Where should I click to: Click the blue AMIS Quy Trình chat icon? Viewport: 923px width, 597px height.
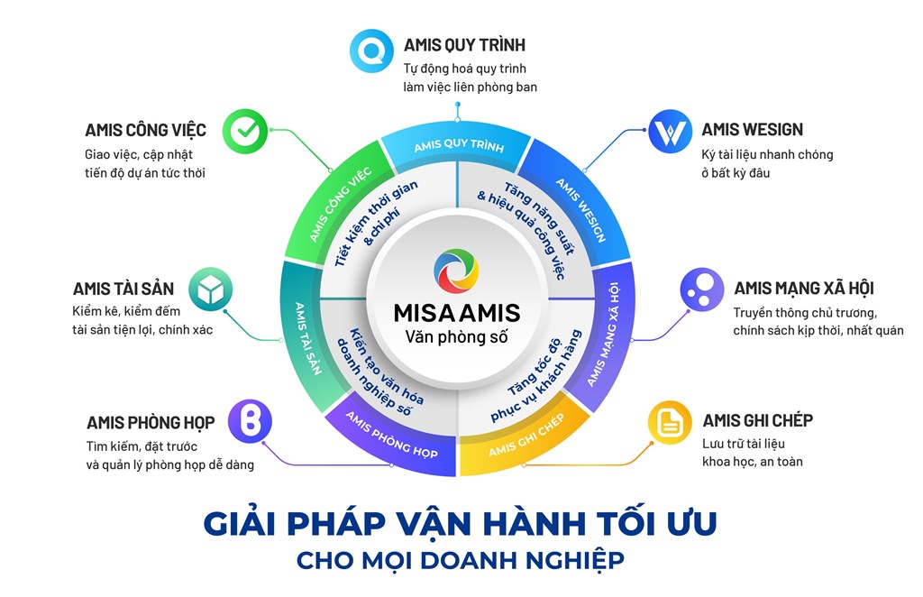click(x=371, y=51)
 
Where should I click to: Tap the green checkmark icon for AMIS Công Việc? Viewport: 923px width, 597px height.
click(x=245, y=132)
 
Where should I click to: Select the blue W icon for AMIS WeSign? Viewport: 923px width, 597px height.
click(x=671, y=132)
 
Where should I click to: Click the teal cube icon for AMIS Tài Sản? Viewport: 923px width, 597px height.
click(x=211, y=289)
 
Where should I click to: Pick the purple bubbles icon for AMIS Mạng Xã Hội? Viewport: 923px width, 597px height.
click(x=702, y=289)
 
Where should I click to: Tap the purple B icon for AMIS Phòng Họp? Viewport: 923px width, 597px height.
click(x=251, y=421)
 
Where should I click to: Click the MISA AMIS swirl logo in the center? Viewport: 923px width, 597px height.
click(x=456, y=271)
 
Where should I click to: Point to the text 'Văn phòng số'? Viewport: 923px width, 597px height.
click(x=456, y=337)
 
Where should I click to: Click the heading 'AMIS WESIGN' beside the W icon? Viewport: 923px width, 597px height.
click(x=753, y=130)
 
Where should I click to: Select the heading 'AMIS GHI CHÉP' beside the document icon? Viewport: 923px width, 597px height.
click(x=757, y=420)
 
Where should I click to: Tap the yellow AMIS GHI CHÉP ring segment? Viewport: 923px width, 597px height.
click(x=524, y=442)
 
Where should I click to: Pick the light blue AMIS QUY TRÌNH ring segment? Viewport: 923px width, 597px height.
click(x=458, y=147)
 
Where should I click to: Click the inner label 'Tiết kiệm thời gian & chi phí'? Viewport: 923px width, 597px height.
click(x=377, y=224)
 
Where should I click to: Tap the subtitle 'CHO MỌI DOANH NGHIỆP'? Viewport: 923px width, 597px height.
click(x=461, y=560)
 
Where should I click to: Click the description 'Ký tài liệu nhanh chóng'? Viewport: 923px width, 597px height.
click(x=767, y=155)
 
